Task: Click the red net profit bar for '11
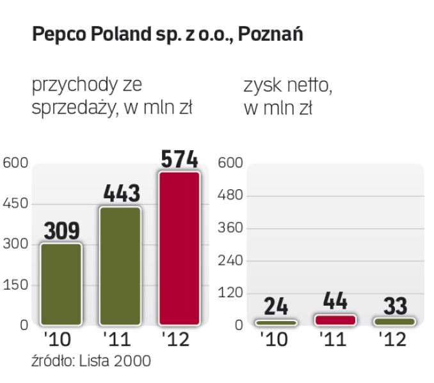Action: (x=335, y=320)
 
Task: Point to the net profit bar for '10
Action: (x=277, y=322)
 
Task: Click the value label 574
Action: (x=180, y=159)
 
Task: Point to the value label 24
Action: (x=277, y=307)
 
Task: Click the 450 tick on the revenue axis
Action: (x=14, y=204)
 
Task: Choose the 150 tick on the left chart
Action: (x=14, y=285)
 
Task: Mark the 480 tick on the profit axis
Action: (x=230, y=196)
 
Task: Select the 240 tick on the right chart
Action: (x=230, y=260)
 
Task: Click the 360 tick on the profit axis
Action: (x=230, y=228)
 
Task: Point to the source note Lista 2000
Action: (x=116, y=361)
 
